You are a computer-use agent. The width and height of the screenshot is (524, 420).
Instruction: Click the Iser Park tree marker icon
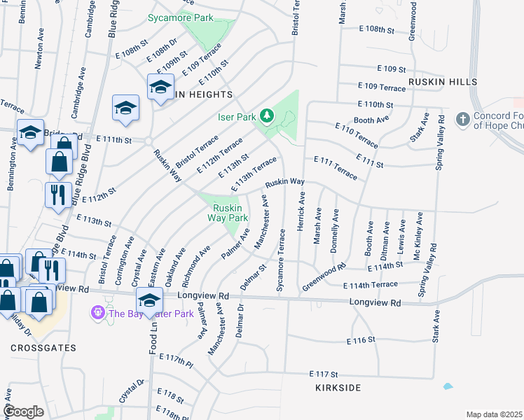[x=267, y=115]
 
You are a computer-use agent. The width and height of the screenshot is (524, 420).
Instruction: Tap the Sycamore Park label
[x=180, y=17]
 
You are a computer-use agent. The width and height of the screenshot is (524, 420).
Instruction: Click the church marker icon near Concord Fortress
[x=462, y=120]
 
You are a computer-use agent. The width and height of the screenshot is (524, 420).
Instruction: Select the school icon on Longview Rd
[x=149, y=300]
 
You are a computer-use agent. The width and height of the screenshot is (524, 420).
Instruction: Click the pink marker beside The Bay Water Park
[x=98, y=312]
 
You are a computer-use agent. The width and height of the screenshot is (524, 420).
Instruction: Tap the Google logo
[x=24, y=412]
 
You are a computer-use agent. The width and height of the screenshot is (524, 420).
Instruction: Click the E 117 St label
[x=323, y=374]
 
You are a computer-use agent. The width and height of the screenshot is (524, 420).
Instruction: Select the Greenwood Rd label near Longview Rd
[x=324, y=277]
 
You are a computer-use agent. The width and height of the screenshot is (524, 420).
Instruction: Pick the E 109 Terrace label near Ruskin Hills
[x=381, y=87]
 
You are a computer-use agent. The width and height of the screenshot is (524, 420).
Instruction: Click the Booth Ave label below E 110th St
[x=371, y=120]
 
